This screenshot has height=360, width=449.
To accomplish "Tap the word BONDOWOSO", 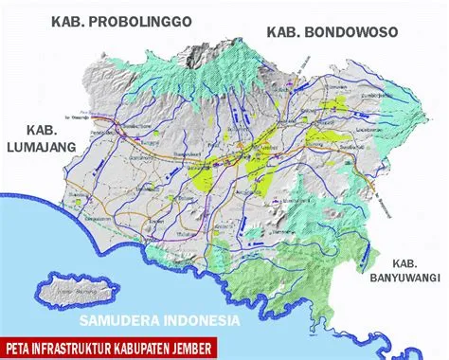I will click(350, 33).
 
